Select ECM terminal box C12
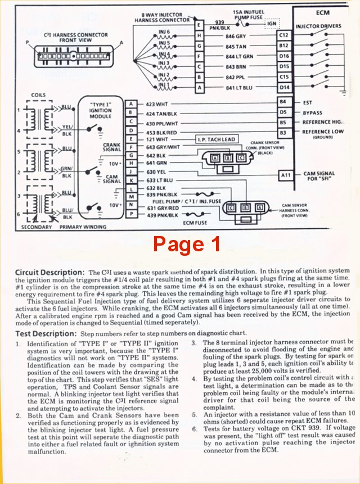coord(284,35)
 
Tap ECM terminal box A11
coord(285,175)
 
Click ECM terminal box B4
coord(283,102)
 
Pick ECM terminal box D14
coord(284,88)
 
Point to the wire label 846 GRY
coord(235,35)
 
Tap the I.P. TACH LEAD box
coord(216,139)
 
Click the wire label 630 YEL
coord(155,172)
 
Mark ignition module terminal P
coord(131,215)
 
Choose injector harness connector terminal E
coord(199,25)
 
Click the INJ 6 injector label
coord(164,31)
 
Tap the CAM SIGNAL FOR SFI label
coord(319,177)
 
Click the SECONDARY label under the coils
coord(36,228)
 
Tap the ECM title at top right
coord(323,12)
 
